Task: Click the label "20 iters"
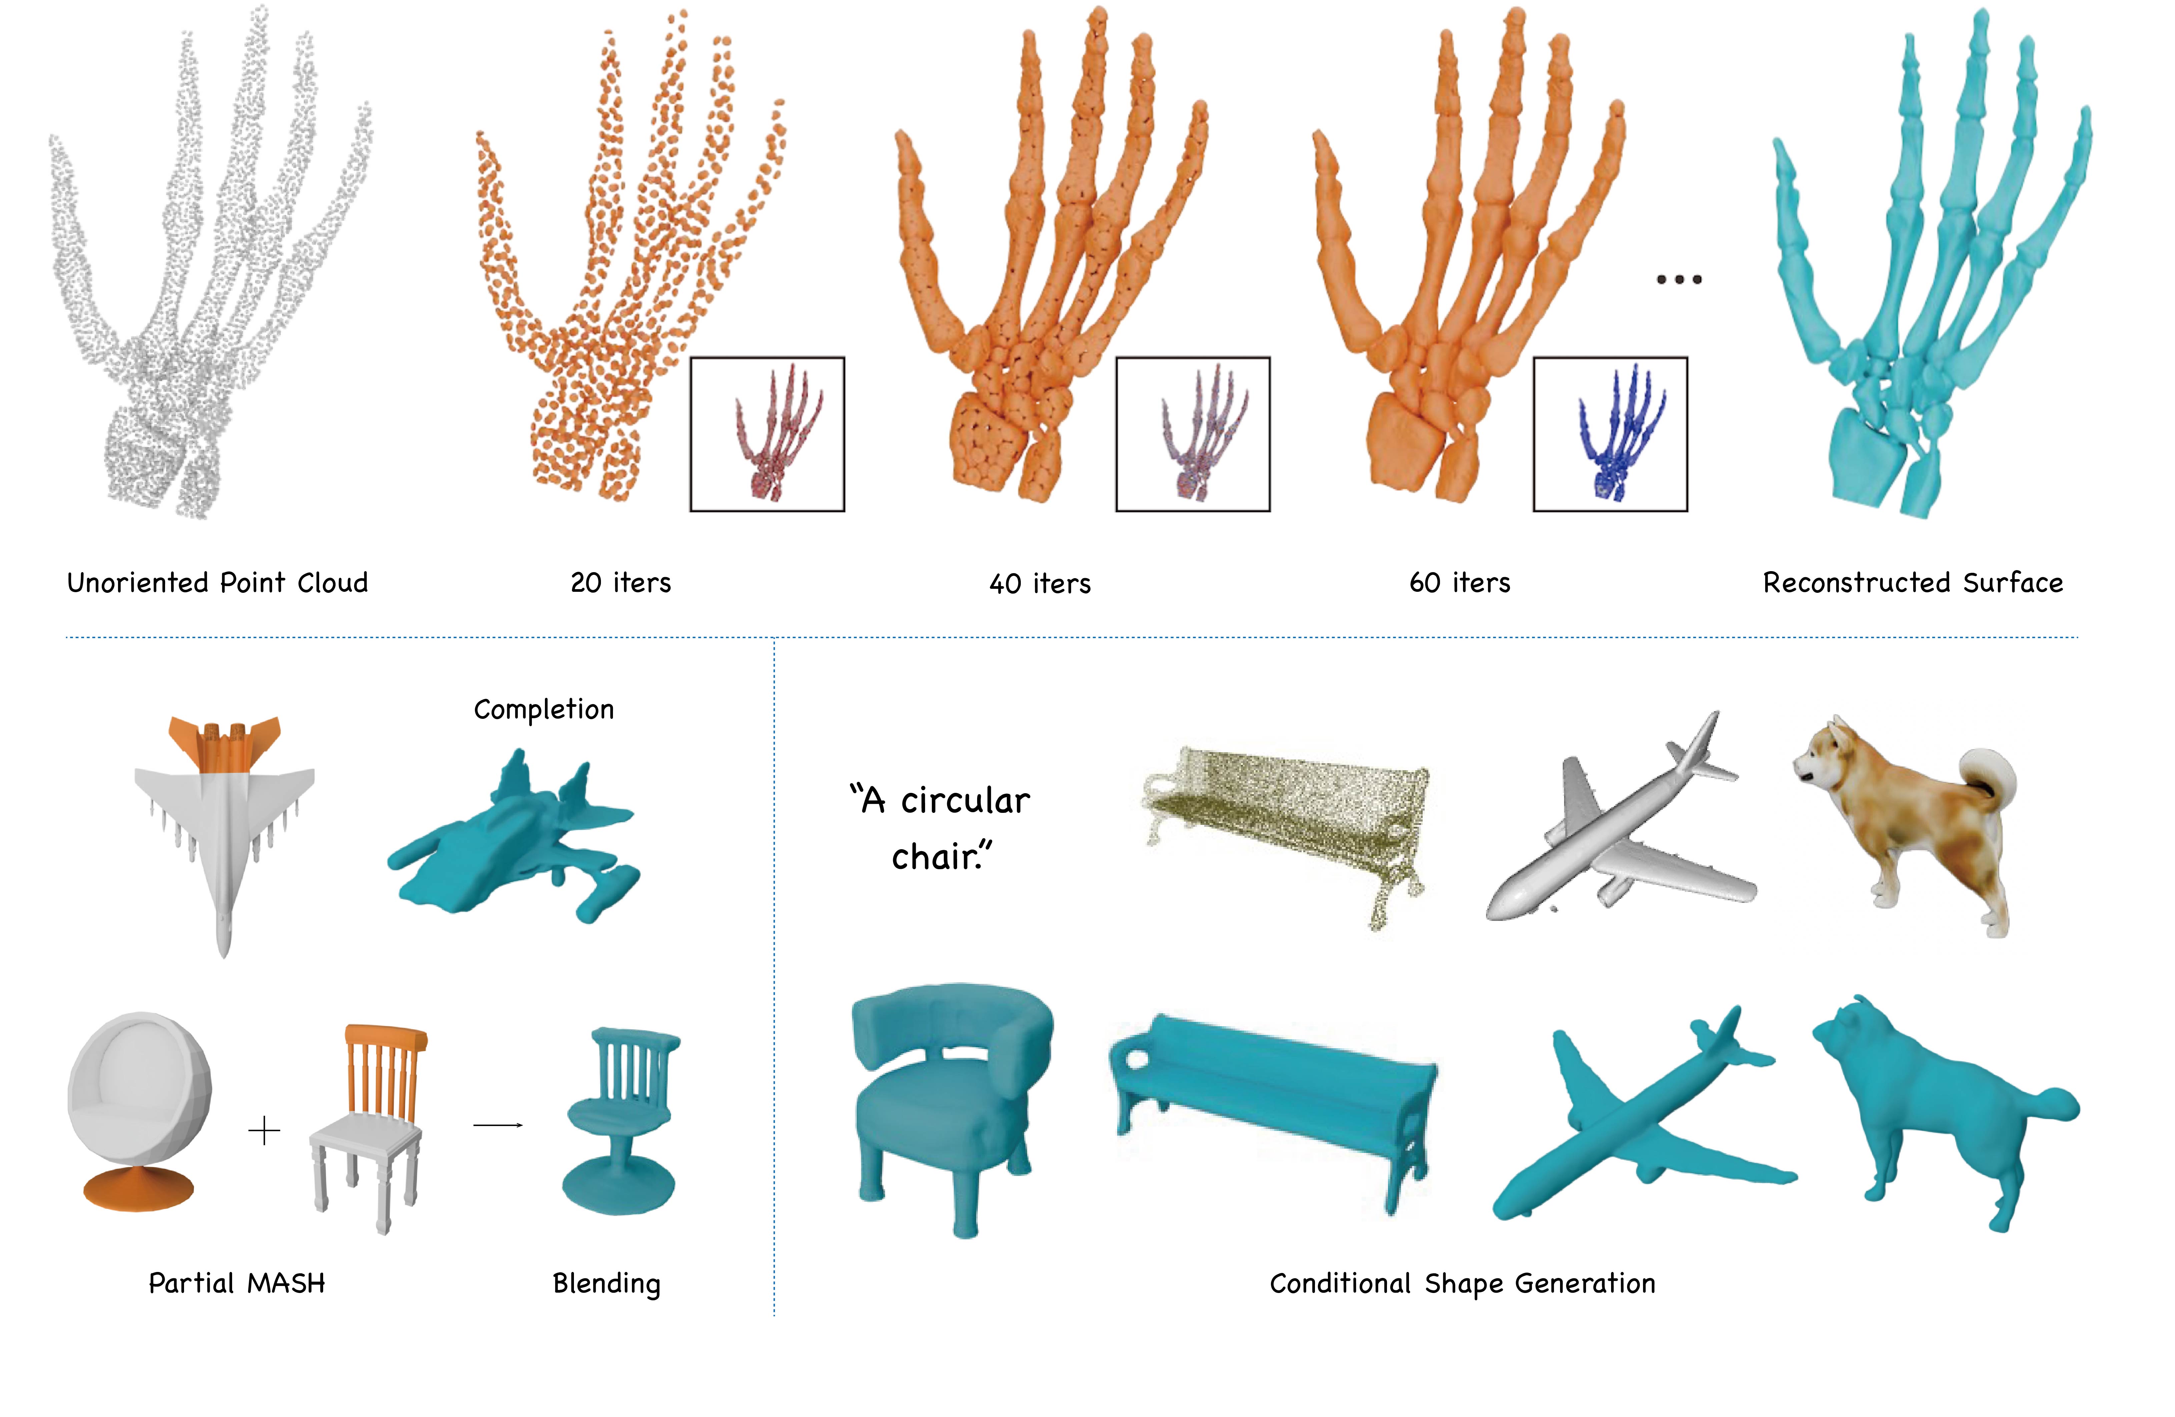[x=621, y=583]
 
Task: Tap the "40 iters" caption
[x=1040, y=584]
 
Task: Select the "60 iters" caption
[x=1459, y=583]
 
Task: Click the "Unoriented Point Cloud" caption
[x=217, y=583]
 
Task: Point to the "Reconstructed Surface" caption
[x=1913, y=583]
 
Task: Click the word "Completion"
[x=544, y=710]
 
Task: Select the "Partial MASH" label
[x=237, y=1284]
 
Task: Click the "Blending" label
[x=607, y=1285]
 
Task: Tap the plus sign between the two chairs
[x=264, y=1131]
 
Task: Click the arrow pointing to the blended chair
[x=498, y=1126]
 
